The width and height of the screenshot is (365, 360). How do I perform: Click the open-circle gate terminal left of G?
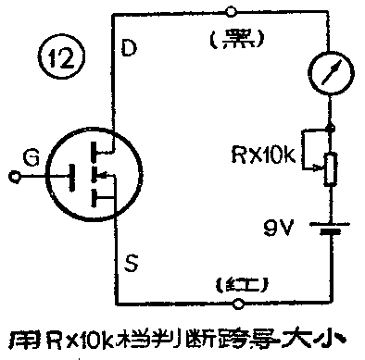(x=11, y=175)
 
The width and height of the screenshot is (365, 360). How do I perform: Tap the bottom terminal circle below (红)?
(x=239, y=304)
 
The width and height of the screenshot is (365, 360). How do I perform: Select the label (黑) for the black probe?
(x=237, y=39)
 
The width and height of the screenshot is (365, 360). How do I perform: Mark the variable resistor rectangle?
(x=332, y=169)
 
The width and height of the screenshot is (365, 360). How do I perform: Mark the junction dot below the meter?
(x=332, y=126)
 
